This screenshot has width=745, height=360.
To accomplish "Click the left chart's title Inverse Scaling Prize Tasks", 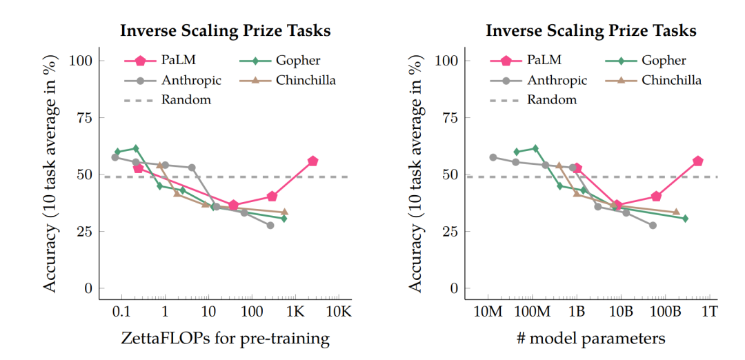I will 225,31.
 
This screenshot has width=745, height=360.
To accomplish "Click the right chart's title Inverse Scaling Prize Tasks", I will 591,31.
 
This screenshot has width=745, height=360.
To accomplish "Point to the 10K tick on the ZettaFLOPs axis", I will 339,312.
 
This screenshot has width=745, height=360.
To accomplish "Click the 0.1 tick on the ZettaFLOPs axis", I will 122,312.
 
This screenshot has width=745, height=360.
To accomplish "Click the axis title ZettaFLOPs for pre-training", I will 225,339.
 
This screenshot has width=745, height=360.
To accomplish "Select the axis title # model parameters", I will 591,339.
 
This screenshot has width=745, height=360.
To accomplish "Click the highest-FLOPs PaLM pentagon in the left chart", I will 312,161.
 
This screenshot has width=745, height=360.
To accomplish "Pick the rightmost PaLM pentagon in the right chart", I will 697,161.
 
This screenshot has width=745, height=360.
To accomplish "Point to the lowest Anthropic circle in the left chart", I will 270,226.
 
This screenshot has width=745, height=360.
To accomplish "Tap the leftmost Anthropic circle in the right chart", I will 493,157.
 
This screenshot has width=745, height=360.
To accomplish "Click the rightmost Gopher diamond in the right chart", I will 685,219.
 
